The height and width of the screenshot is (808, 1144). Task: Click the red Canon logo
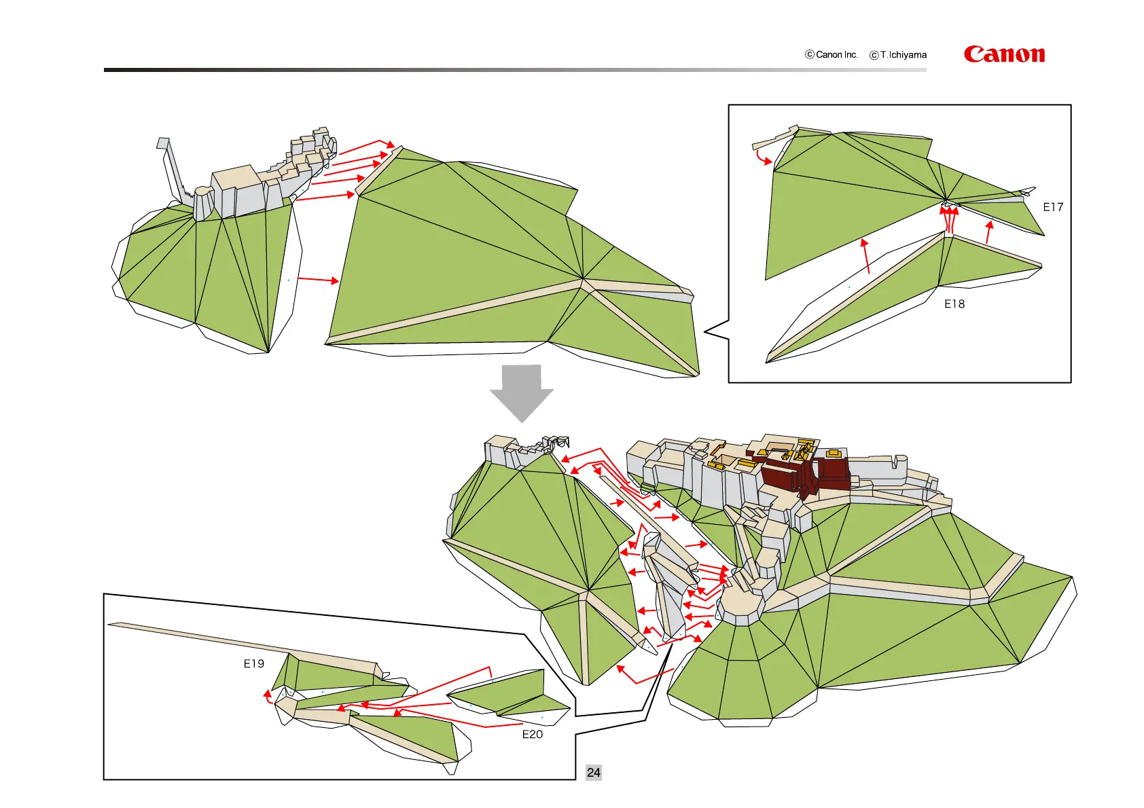1003,54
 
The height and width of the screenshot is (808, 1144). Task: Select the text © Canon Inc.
831,54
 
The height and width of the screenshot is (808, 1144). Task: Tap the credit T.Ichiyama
898,55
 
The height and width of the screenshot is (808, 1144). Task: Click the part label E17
1052,207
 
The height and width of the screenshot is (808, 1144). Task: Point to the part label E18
954,304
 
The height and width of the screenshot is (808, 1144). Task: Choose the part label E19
253,663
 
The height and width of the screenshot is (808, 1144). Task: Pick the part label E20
532,734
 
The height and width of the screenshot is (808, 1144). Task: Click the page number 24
593,772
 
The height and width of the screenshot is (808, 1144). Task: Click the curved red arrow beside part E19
268,697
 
